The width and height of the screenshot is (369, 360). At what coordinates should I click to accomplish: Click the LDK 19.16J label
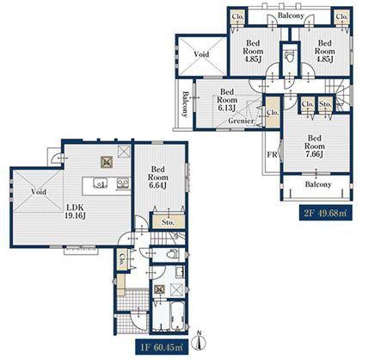[76, 212]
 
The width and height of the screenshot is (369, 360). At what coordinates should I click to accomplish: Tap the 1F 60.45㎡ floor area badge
[163, 348]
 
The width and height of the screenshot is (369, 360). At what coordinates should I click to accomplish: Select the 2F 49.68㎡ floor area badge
[325, 213]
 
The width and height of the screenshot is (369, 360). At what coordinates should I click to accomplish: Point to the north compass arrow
[200, 340]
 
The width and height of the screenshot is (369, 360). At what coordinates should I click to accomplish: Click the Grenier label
[242, 121]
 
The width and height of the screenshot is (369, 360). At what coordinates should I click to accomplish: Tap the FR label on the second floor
[272, 155]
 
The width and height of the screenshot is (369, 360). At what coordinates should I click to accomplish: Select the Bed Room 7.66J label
[315, 146]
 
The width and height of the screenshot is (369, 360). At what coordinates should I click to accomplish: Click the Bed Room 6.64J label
[157, 177]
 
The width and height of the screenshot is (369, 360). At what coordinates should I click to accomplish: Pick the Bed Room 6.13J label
[227, 100]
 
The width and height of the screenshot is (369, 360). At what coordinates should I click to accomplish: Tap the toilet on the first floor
[172, 254]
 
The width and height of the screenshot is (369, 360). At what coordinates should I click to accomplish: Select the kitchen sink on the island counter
[100, 183]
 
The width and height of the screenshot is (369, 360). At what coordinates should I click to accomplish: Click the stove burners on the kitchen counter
[124, 183]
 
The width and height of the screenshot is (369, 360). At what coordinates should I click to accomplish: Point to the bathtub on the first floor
[177, 316]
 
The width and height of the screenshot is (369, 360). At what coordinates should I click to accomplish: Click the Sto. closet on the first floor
[169, 221]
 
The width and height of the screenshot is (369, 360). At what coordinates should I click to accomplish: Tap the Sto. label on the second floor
[325, 104]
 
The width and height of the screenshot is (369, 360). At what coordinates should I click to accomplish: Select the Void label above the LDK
[39, 191]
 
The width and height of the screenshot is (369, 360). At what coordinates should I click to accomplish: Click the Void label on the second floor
[201, 54]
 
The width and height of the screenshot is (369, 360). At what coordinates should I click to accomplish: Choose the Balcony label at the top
[291, 16]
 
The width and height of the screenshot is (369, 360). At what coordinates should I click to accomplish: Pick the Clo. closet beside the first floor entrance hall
[123, 258]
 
